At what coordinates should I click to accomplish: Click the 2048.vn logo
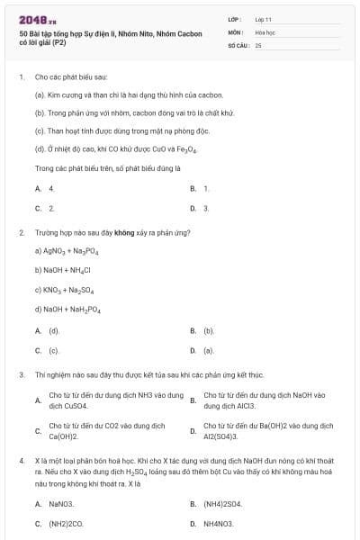coord(32,20)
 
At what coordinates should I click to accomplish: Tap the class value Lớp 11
coord(263,19)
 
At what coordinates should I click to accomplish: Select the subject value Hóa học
coord(265,31)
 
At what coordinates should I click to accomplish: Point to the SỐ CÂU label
coord(238,44)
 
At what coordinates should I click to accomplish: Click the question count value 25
coord(258,44)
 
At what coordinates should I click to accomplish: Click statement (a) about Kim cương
coord(129,94)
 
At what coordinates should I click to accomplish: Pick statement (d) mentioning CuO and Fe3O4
coord(115,151)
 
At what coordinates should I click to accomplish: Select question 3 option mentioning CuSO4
coord(115,400)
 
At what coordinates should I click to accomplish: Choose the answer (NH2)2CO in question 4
coord(65,523)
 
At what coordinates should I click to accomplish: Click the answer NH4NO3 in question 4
coord(218,523)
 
